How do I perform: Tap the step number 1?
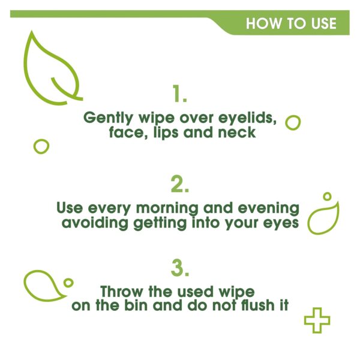click(x=179, y=94)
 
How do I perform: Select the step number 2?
click(x=179, y=184)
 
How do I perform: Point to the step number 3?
click(x=179, y=268)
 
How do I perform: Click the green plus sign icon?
click(x=317, y=320)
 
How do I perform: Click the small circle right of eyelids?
click(x=293, y=122)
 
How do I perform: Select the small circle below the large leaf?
click(x=41, y=146)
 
